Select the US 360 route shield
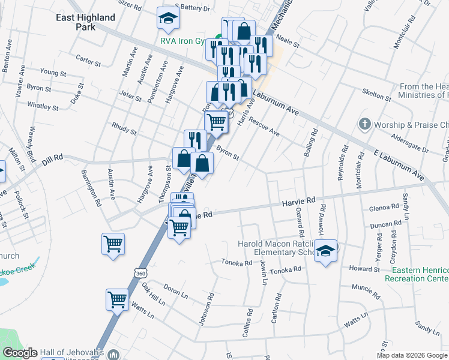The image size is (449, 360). pos(140,273)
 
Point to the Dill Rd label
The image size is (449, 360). pos(53,160)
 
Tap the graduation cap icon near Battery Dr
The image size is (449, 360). pos(168,19)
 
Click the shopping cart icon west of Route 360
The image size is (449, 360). pos(113,244)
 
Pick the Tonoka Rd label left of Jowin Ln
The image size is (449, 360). pos(237,263)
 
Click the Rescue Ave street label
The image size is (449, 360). pos(265,125)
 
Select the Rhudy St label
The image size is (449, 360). pos(124,128)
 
